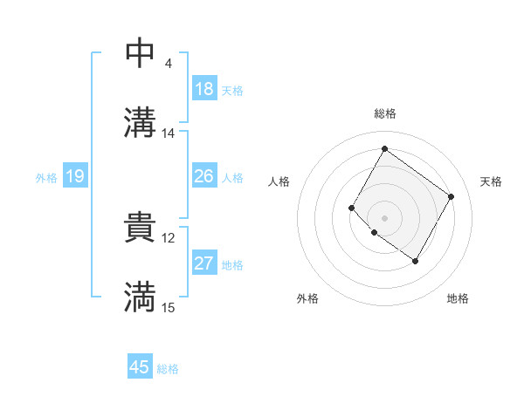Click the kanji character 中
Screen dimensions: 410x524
click(x=140, y=54)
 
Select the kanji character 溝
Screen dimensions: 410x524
click(x=140, y=122)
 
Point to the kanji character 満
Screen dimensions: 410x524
click(x=140, y=297)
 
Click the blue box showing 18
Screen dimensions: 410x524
click(x=203, y=89)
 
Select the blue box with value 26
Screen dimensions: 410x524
click(x=203, y=176)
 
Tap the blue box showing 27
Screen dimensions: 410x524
click(x=203, y=263)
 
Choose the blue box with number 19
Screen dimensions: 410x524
click(x=74, y=177)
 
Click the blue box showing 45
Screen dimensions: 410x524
click(x=140, y=367)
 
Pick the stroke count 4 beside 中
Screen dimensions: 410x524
click(x=168, y=64)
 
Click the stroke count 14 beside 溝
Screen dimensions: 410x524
click(x=169, y=133)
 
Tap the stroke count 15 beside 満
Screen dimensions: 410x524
click(x=169, y=307)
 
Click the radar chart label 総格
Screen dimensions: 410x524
click(x=384, y=113)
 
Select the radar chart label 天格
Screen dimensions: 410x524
click(x=491, y=181)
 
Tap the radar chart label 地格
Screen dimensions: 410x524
click(x=458, y=298)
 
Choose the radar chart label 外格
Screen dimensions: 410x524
click(x=307, y=298)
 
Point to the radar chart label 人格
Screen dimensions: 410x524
click(x=279, y=181)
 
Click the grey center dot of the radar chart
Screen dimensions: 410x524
click(x=384, y=217)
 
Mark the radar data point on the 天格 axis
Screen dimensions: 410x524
click(x=451, y=196)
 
